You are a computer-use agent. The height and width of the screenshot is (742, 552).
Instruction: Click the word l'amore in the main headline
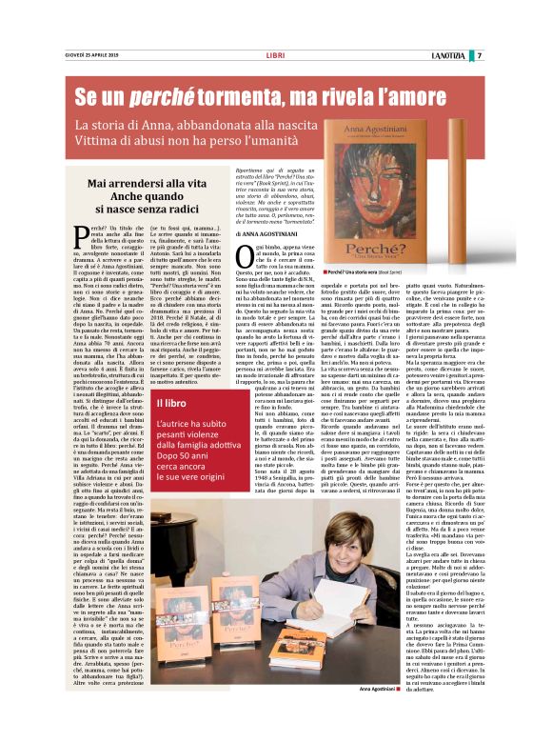[420, 96]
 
